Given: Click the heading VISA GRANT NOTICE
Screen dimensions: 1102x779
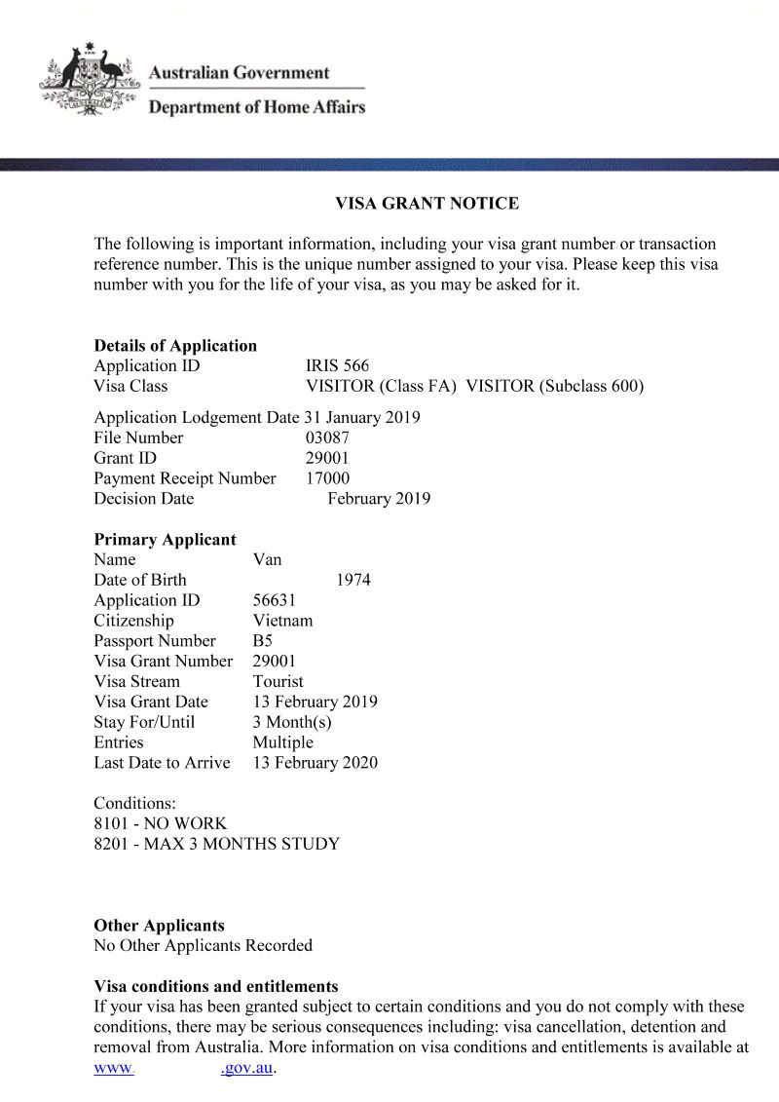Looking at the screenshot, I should [x=427, y=204].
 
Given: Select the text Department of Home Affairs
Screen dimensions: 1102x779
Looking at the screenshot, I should [x=256, y=107].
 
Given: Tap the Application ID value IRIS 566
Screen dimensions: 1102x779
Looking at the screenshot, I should [x=337, y=366].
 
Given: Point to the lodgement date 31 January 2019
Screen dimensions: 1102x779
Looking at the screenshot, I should [x=361, y=418].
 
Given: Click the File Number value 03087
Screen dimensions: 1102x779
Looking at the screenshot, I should [x=327, y=438].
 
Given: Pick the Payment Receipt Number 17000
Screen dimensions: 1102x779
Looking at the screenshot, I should [x=327, y=478].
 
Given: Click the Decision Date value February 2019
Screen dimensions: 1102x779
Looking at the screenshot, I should [x=379, y=499].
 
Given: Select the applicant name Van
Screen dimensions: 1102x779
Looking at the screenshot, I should [x=267, y=559].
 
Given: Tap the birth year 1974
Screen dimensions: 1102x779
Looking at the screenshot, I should [x=352, y=580].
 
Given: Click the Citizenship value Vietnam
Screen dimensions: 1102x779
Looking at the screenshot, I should [x=282, y=621].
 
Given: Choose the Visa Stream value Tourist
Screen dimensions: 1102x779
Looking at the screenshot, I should [x=278, y=682].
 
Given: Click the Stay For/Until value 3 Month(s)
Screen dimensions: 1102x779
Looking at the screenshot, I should [x=292, y=722].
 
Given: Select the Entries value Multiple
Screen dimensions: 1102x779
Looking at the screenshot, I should [x=282, y=742].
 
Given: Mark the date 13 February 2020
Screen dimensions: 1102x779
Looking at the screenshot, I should [x=315, y=763].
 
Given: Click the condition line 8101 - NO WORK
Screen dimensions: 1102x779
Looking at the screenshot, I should [x=160, y=823].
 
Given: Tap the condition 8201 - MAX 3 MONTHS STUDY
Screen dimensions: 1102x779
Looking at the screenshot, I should [x=216, y=844].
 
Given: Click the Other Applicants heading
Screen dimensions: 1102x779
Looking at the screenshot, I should [x=159, y=926].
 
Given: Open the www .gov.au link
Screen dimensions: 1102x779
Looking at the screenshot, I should [x=185, y=1068].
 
